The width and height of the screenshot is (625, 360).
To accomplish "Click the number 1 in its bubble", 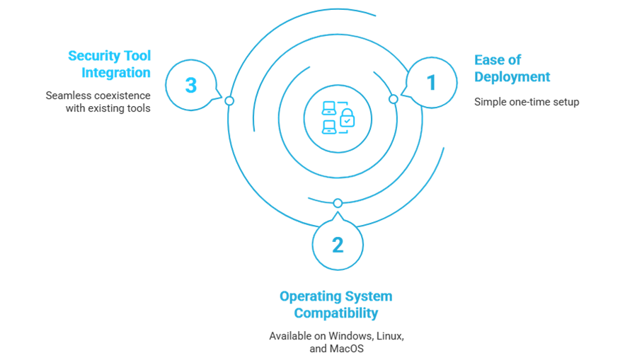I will [x=430, y=83].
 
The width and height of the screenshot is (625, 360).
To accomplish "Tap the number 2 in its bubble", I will [x=338, y=245].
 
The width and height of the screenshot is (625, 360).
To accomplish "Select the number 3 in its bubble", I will [x=190, y=86].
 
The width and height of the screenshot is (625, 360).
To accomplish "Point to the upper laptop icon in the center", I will [x=329, y=108].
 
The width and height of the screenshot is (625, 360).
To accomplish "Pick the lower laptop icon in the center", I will [x=329, y=127].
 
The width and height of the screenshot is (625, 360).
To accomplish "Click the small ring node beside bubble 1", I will [x=393, y=99].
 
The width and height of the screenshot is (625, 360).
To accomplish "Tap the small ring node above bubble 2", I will [x=338, y=204].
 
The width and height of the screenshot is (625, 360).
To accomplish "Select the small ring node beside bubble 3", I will [x=229, y=101].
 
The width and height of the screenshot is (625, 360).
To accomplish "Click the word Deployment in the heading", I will [x=512, y=76].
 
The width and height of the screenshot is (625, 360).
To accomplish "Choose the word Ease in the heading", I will [x=488, y=60].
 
